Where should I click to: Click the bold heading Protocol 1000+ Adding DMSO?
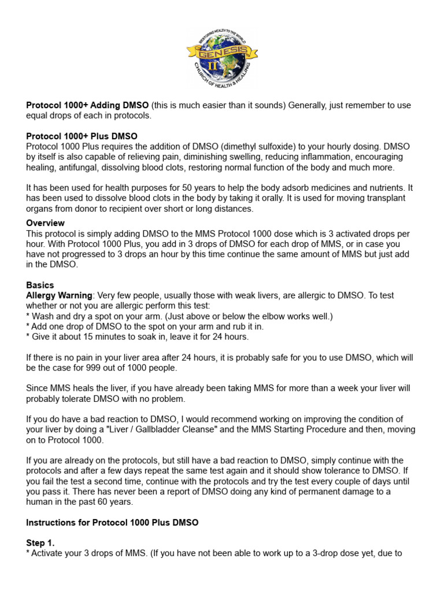tap(87, 105)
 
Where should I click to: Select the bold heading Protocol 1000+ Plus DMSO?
tap(82, 136)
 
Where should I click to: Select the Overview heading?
tap(45, 223)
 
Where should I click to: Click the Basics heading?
tap(40, 285)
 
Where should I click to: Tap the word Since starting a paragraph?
tap(38, 388)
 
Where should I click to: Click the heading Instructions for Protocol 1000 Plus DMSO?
tap(112, 523)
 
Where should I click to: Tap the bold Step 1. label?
tap(40, 543)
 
